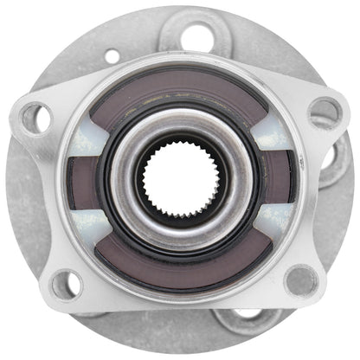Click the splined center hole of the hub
(179, 179)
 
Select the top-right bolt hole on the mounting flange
(323, 110)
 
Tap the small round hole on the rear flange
(112, 57)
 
